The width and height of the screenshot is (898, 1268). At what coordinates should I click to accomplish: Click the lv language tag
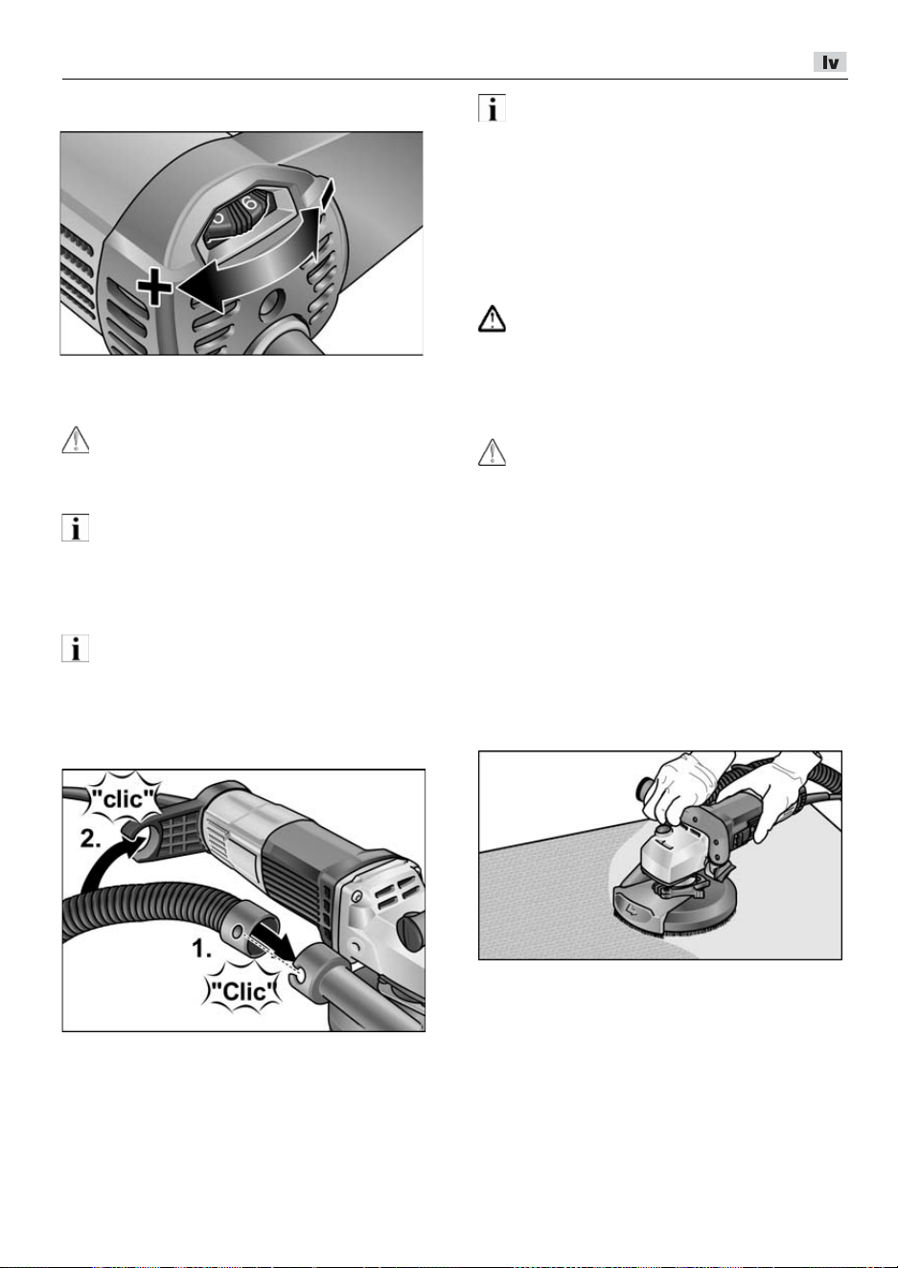tap(830, 61)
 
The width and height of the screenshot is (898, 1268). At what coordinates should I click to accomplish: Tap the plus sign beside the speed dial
tap(155, 287)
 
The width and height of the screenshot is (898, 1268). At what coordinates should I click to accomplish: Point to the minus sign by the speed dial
tap(327, 195)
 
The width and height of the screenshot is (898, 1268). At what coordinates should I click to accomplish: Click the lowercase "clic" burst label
tap(123, 798)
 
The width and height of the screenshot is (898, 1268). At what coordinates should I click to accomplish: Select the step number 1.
tap(201, 949)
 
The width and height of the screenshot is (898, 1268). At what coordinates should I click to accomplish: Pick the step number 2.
tap(91, 839)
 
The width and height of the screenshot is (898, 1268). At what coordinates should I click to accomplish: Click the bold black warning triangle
tap(492, 319)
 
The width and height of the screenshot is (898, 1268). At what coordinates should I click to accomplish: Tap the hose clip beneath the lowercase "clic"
tap(135, 836)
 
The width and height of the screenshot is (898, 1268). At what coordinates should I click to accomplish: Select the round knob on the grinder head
tap(661, 830)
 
